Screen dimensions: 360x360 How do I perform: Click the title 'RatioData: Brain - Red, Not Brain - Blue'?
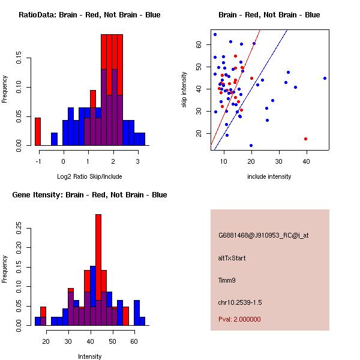point(89,14)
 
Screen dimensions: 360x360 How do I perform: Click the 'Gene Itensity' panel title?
point(89,194)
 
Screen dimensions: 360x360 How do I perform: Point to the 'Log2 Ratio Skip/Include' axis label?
point(89,176)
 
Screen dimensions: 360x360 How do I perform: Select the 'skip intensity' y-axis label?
point(185,90)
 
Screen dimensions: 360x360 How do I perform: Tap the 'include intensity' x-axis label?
point(269,176)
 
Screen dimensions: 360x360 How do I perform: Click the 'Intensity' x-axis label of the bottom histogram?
point(89,356)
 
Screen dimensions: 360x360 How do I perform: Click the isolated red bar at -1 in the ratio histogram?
point(37,131)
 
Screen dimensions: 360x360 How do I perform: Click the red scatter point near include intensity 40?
point(305,139)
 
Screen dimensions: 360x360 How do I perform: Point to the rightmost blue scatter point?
point(325,78)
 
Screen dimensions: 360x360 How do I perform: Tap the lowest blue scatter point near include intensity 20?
point(251,145)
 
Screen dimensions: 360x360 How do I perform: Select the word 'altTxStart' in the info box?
point(232,258)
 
